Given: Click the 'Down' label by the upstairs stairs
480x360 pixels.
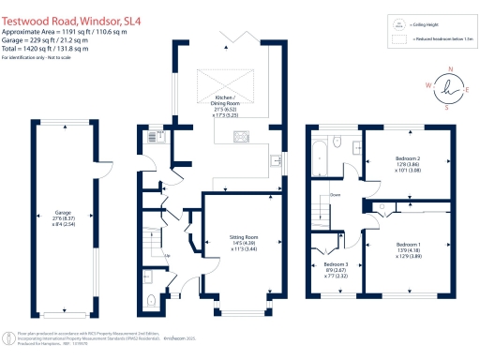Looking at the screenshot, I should (335, 196).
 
